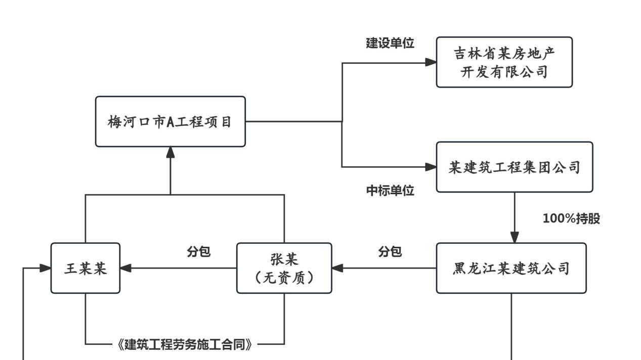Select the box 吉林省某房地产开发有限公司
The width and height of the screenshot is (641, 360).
click(x=504, y=62)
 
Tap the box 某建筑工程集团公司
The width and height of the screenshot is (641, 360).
click(x=514, y=167)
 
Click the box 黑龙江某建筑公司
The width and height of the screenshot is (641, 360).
click(x=511, y=268)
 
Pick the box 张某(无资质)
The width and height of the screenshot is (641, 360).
click(x=284, y=268)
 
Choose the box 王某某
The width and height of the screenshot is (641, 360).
click(x=85, y=268)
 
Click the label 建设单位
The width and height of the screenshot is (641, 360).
click(x=390, y=43)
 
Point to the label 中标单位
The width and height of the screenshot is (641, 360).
click(x=390, y=191)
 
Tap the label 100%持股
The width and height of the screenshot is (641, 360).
click(x=571, y=219)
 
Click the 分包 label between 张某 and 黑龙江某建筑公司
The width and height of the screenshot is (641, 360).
click(x=390, y=252)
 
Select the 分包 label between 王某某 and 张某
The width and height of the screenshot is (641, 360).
click(x=198, y=252)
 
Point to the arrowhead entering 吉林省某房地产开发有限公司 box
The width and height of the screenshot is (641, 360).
click(x=431, y=62)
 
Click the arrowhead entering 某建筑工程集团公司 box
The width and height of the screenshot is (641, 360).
click(x=431, y=167)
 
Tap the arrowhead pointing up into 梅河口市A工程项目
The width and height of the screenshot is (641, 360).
click(x=170, y=152)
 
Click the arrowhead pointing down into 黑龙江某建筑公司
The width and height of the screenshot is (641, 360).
click(x=515, y=237)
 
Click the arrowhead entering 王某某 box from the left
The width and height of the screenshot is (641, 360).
click(x=46, y=268)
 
